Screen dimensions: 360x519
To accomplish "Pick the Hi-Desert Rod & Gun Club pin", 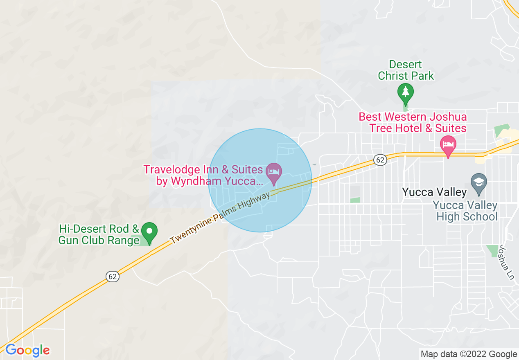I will pos(149,232).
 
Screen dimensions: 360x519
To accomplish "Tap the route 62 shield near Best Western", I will pos(380,160).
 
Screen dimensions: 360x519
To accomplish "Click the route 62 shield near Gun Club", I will pos(113,277).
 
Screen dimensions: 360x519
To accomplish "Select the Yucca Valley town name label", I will pos(434,192).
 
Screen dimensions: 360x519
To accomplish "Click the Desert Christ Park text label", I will pos(406,70).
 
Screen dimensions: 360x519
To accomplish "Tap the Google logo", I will pos(27,351).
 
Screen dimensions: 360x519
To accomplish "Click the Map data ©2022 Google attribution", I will pos(469,354).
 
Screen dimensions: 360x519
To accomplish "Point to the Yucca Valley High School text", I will pos(467,211).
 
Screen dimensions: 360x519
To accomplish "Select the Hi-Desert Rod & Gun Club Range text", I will pos(99,234).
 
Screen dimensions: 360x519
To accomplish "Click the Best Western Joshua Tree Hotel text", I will pos(413,122).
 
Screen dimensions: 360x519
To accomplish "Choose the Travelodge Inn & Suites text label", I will pos(203,175).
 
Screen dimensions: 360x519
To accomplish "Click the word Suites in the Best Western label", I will pos(450,128).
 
